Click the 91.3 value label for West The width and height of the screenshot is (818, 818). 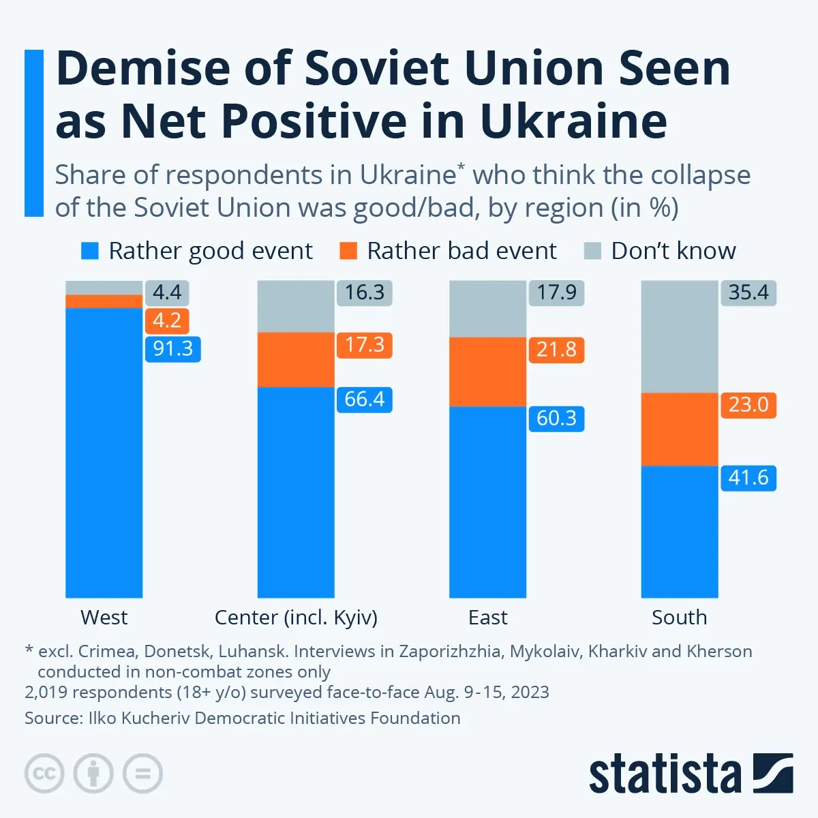(x=172, y=349)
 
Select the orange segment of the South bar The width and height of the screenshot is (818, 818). (x=680, y=429)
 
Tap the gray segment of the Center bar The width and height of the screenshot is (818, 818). (x=296, y=306)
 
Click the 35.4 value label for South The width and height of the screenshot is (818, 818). (x=748, y=292)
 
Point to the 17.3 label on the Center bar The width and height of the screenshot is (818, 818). (x=364, y=345)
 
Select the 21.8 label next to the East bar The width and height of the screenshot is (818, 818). (x=556, y=350)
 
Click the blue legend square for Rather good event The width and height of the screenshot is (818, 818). (x=90, y=251)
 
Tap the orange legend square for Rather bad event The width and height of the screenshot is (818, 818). (x=348, y=251)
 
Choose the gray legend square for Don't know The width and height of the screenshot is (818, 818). (x=593, y=251)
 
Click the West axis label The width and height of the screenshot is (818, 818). (x=104, y=618)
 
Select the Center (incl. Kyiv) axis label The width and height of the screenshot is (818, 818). (x=296, y=618)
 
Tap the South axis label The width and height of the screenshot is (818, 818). (x=679, y=618)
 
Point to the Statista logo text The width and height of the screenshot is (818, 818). (x=665, y=774)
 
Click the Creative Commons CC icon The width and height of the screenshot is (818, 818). (x=44, y=774)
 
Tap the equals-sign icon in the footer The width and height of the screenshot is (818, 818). (x=142, y=774)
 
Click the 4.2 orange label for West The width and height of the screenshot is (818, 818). (x=166, y=320)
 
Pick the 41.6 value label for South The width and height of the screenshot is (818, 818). (x=748, y=478)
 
